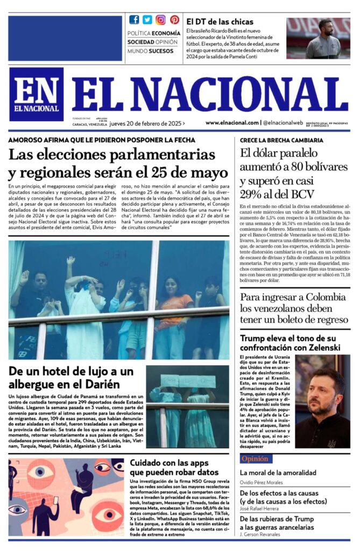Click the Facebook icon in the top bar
[x=134, y=20]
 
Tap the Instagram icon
[x=160, y=20]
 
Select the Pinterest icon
[x=174, y=20]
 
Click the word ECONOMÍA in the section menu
[x=166, y=33]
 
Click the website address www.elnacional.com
[x=231, y=123]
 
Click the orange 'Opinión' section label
[x=255, y=459]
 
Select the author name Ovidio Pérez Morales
[x=268, y=482]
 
